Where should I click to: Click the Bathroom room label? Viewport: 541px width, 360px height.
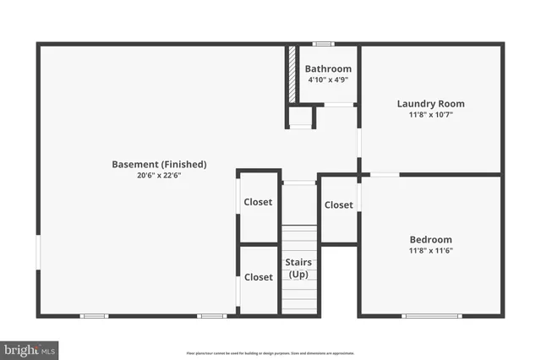(328, 68)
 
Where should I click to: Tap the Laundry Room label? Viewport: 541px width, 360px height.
(431, 104)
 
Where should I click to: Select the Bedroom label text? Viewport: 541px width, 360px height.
(431, 239)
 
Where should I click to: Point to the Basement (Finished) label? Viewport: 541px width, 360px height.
(160, 164)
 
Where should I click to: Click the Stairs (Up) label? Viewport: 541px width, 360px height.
(299, 270)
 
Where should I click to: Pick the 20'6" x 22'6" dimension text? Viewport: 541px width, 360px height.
(160, 175)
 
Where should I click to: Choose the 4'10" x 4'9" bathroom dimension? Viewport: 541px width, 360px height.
(328, 79)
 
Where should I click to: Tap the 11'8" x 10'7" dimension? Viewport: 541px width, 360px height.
(431, 115)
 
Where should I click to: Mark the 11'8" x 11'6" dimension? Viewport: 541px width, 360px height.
(431, 250)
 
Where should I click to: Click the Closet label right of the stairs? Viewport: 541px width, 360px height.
(339, 205)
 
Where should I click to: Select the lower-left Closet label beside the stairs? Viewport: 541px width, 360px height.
(259, 277)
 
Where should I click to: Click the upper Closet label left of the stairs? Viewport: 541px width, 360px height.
(259, 202)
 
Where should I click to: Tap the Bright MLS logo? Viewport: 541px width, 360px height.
(30, 349)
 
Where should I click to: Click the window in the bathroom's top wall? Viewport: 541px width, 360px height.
(323, 44)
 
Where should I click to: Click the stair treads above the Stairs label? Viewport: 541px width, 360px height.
(299, 242)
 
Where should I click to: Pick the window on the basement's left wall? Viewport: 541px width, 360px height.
(38, 252)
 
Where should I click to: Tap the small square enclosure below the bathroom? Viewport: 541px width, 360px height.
(301, 117)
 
